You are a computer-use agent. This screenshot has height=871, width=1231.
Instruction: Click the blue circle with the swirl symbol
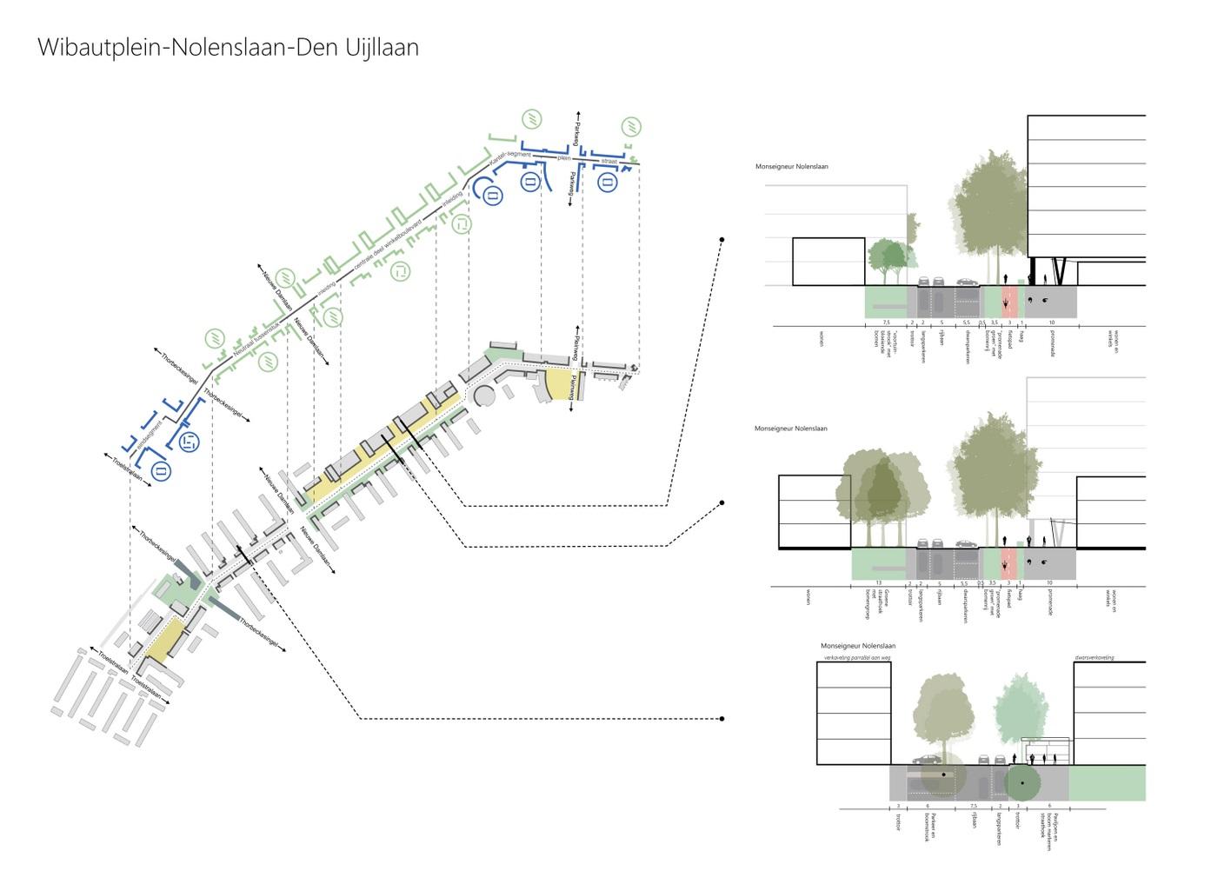click(x=188, y=441)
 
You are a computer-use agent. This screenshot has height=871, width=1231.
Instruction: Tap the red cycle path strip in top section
click(x=1008, y=301)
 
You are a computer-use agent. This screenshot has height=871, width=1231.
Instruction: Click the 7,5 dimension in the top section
click(x=885, y=322)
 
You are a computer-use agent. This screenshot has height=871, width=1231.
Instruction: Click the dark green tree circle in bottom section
click(x=1022, y=783)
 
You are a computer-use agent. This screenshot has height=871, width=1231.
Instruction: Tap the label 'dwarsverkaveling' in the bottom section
click(x=1094, y=657)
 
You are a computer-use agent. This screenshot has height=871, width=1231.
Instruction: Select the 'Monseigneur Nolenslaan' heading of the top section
click(x=791, y=166)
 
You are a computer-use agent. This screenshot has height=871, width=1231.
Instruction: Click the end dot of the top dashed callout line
click(x=722, y=239)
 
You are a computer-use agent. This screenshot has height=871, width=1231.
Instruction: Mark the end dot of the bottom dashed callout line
click(x=722, y=719)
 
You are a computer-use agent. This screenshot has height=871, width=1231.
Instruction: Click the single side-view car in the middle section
click(x=966, y=543)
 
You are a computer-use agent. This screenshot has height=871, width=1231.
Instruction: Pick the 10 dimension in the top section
click(x=1051, y=322)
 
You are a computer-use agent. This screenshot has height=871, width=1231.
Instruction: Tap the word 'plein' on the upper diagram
click(x=564, y=158)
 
